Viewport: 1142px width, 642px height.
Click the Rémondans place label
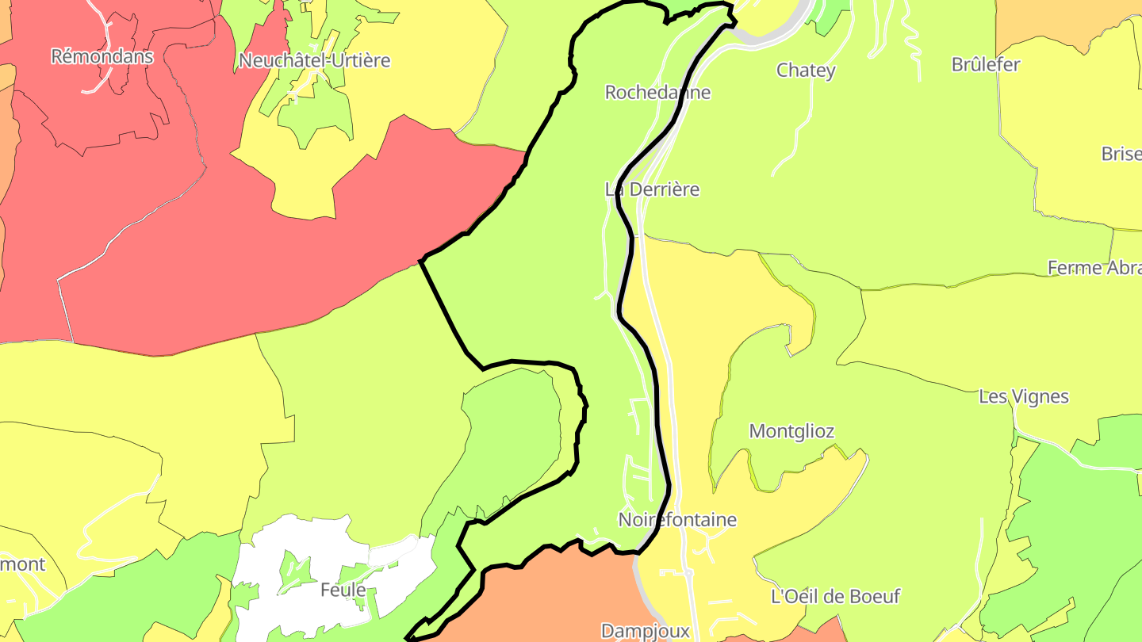pos(102,56)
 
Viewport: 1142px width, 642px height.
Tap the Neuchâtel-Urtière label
pos(315,60)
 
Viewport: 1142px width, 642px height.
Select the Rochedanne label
pos(657,92)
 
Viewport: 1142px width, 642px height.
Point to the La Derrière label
pos(652,189)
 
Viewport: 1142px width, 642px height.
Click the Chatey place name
pos(806,71)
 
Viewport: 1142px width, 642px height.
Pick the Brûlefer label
pos(986,65)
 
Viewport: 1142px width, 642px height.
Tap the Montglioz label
pos(791,431)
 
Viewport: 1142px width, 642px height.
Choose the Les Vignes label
pos(1024,396)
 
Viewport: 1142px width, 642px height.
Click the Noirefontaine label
pos(677,520)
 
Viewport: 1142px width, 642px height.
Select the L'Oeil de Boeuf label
pos(836,596)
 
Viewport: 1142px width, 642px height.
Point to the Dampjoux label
pos(646,631)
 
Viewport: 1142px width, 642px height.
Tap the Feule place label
pos(343,590)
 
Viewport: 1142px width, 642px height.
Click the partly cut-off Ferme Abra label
pos(1094,268)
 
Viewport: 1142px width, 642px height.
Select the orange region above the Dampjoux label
pos(555,587)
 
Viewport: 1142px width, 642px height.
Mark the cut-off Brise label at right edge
pos(1121,154)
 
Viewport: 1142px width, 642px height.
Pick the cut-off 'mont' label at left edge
pos(23,564)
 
